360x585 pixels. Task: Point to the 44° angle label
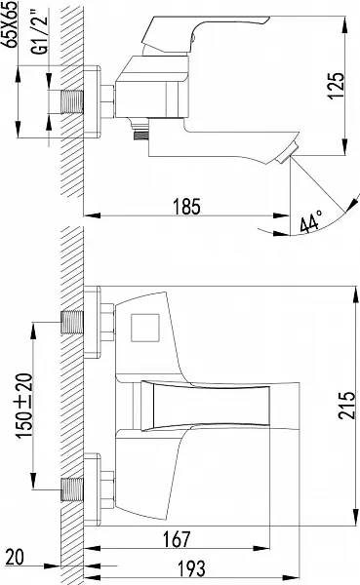tap(311, 223)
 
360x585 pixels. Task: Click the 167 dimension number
tap(173, 538)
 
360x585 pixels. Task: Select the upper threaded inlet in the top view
tap(72, 320)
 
